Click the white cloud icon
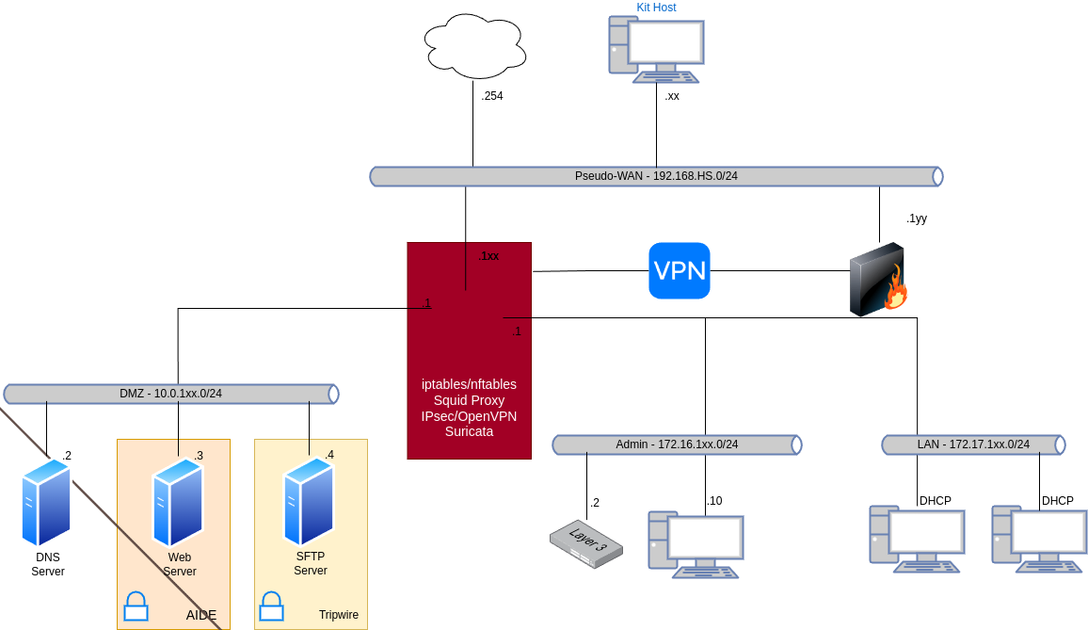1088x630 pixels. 474,46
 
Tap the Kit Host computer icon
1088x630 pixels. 656,49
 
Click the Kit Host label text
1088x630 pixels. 656,8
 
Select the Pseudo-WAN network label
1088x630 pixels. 656,176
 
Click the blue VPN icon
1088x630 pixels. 680,270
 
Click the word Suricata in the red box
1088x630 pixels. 469,431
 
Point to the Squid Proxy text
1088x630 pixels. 469,400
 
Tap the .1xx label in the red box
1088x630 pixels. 488,256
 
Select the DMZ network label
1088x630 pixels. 170,394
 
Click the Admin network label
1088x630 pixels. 677,444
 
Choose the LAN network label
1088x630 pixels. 973,444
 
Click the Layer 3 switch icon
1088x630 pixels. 586,543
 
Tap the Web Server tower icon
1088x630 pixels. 178,502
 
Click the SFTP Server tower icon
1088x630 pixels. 309,502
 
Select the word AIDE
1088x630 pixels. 201,615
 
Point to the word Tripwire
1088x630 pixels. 338,615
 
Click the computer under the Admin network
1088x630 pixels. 696,543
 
